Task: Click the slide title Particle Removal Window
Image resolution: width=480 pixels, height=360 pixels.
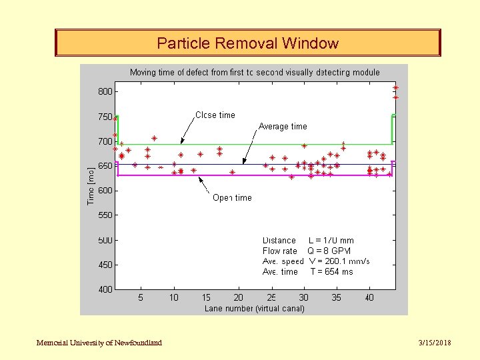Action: [x=247, y=44]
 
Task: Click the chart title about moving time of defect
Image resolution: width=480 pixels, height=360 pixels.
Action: [x=255, y=72]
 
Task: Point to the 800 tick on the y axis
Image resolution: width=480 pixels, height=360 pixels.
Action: [x=105, y=92]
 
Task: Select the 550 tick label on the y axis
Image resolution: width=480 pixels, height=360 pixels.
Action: [x=105, y=215]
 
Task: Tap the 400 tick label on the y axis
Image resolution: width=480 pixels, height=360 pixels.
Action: [x=105, y=289]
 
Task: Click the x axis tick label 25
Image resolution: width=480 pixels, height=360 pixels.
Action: [x=271, y=298]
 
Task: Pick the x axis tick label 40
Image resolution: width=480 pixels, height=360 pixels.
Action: [x=369, y=298]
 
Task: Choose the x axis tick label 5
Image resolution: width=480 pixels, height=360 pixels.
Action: [x=141, y=298]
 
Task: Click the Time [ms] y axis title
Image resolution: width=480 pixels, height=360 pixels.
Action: [x=91, y=185]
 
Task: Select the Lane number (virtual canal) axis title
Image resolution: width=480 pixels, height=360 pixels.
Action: [x=254, y=308]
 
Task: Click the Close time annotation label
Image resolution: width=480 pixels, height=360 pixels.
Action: [x=215, y=115]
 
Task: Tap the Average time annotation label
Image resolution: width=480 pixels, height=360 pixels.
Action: [x=283, y=127]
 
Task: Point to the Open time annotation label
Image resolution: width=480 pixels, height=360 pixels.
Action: [x=232, y=198]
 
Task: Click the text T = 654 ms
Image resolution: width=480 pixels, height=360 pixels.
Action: [x=331, y=272]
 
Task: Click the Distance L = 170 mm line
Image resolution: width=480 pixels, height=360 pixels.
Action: [x=308, y=241]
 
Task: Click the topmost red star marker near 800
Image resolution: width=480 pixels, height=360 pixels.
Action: [x=395, y=87]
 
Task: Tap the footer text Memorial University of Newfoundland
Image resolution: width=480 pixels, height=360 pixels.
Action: [x=99, y=343]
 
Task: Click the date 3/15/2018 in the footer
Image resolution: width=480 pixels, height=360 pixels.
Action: [x=434, y=343]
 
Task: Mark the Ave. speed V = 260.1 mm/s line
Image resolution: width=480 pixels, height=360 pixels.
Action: [x=316, y=261]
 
